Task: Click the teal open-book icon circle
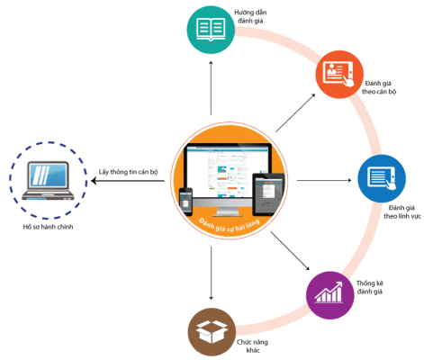[211, 30]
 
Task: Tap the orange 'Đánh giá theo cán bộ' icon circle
[339, 75]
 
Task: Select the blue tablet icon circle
[382, 178]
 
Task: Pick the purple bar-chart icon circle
[330, 295]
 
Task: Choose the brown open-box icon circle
[212, 332]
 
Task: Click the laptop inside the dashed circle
[48, 181]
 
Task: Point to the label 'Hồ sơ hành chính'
[48, 227]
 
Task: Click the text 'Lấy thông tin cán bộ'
[128, 172]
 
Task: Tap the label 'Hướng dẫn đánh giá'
[250, 16]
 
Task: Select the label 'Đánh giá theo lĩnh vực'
[402, 211]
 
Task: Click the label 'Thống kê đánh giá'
[370, 287]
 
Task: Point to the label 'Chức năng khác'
[252, 346]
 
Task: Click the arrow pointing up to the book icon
[211, 87]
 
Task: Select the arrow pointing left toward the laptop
[128, 181]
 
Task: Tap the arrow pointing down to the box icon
[211, 273]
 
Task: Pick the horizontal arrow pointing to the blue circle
[324, 180]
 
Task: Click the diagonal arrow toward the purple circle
[290, 250]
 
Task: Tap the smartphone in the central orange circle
[185, 202]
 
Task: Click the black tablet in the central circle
[268, 194]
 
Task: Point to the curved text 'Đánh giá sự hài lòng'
[229, 226]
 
